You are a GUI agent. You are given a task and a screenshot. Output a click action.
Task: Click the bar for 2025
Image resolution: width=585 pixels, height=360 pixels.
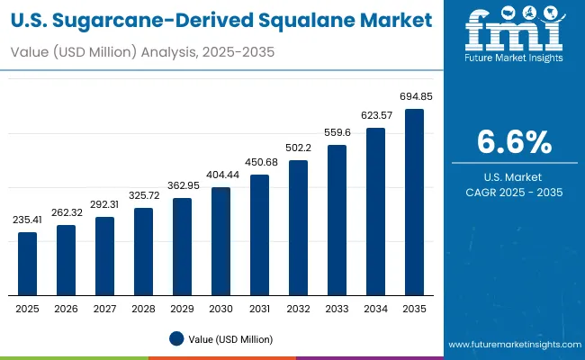click(x=28, y=264)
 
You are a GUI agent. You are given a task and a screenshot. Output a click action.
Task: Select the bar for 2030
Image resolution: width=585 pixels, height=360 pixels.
click(x=220, y=241)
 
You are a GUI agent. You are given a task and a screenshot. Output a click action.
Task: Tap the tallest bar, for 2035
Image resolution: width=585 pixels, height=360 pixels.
click(x=414, y=202)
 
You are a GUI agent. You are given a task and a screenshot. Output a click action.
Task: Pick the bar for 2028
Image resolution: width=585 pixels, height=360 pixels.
click(x=144, y=252)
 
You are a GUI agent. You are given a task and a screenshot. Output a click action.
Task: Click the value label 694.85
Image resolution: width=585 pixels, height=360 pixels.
click(x=414, y=96)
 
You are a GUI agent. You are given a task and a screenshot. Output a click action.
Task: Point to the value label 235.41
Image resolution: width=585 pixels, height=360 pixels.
click(x=28, y=220)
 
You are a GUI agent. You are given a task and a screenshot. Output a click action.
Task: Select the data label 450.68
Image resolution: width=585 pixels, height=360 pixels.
click(x=259, y=162)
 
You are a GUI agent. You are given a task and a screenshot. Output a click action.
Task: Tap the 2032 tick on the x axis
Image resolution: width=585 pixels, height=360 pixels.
click(x=298, y=308)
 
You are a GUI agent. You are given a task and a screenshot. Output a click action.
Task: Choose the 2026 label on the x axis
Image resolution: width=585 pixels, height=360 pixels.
click(x=67, y=308)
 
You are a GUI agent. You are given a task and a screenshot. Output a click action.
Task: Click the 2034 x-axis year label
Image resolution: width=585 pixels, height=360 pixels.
click(x=375, y=308)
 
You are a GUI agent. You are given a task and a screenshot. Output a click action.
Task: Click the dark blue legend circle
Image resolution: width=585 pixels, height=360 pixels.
click(x=176, y=338)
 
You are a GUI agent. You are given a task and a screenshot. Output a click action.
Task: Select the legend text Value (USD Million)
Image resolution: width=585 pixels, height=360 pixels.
click(x=230, y=338)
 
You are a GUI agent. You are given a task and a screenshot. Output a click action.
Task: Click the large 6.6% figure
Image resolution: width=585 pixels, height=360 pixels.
click(x=514, y=142)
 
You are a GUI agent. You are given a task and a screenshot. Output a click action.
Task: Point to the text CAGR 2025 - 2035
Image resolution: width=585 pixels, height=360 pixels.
click(x=514, y=193)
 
